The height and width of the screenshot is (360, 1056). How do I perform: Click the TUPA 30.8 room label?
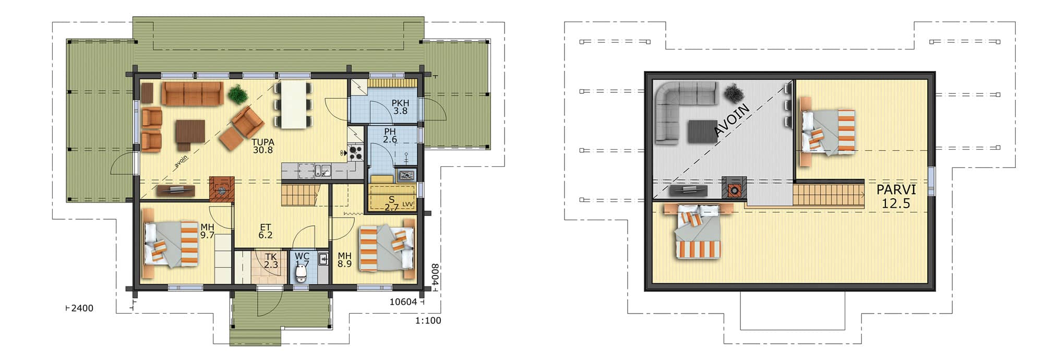pyautogui.click(x=262, y=146)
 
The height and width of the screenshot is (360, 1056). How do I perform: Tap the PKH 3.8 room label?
pyautogui.click(x=400, y=107)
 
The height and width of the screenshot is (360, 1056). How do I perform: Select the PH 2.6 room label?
pyautogui.click(x=390, y=136)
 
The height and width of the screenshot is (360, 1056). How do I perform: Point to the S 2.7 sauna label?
pyautogui.click(x=392, y=203)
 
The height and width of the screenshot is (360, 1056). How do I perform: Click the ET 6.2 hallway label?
pyautogui.click(x=265, y=231)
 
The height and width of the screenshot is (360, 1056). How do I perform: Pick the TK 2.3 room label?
pyautogui.click(x=271, y=261)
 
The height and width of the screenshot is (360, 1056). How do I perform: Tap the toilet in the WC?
pyautogui.click(x=302, y=273)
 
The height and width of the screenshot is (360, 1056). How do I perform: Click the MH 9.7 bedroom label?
pyautogui.click(x=207, y=231)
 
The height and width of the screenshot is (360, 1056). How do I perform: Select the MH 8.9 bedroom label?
pyautogui.click(x=344, y=260)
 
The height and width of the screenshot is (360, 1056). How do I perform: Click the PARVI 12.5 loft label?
pyautogui.click(x=896, y=196)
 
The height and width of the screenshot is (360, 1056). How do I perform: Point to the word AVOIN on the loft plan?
pyautogui.click(x=732, y=119)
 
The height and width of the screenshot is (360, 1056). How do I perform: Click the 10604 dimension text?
pyautogui.click(x=403, y=302)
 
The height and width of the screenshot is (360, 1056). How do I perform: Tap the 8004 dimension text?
pyautogui.click(x=435, y=275)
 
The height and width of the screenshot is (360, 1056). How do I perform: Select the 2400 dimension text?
pyautogui.click(x=82, y=308)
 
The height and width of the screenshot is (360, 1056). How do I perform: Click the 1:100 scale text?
pyautogui.click(x=428, y=320)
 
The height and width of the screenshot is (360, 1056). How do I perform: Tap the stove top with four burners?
pyautogui.click(x=356, y=152)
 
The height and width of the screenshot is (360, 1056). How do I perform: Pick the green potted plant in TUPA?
pyautogui.click(x=237, y=94)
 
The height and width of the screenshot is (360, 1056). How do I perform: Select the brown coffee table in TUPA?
pyautogui.click(x=189, y=131)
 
